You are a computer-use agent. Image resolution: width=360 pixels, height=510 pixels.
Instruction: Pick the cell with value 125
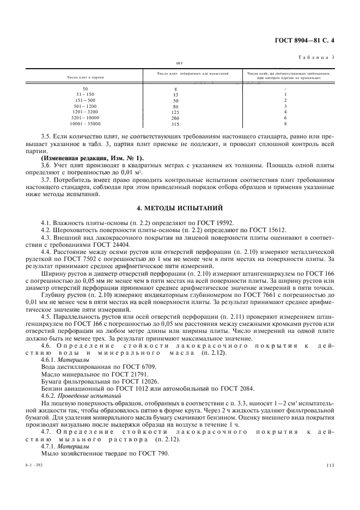175,112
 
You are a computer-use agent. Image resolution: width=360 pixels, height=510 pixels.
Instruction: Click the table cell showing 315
175,124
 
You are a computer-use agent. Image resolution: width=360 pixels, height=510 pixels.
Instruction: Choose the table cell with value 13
175,94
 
